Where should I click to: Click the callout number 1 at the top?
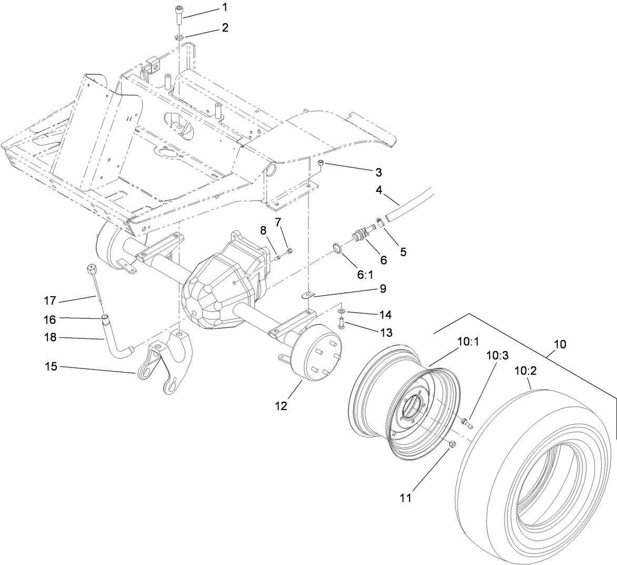(x=225, y=8)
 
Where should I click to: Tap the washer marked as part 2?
(x=180, y=37)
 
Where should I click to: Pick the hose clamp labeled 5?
(x=380, y=221)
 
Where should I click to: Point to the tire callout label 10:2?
(x=525, y=371)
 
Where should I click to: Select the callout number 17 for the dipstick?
(x=51, y=301)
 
